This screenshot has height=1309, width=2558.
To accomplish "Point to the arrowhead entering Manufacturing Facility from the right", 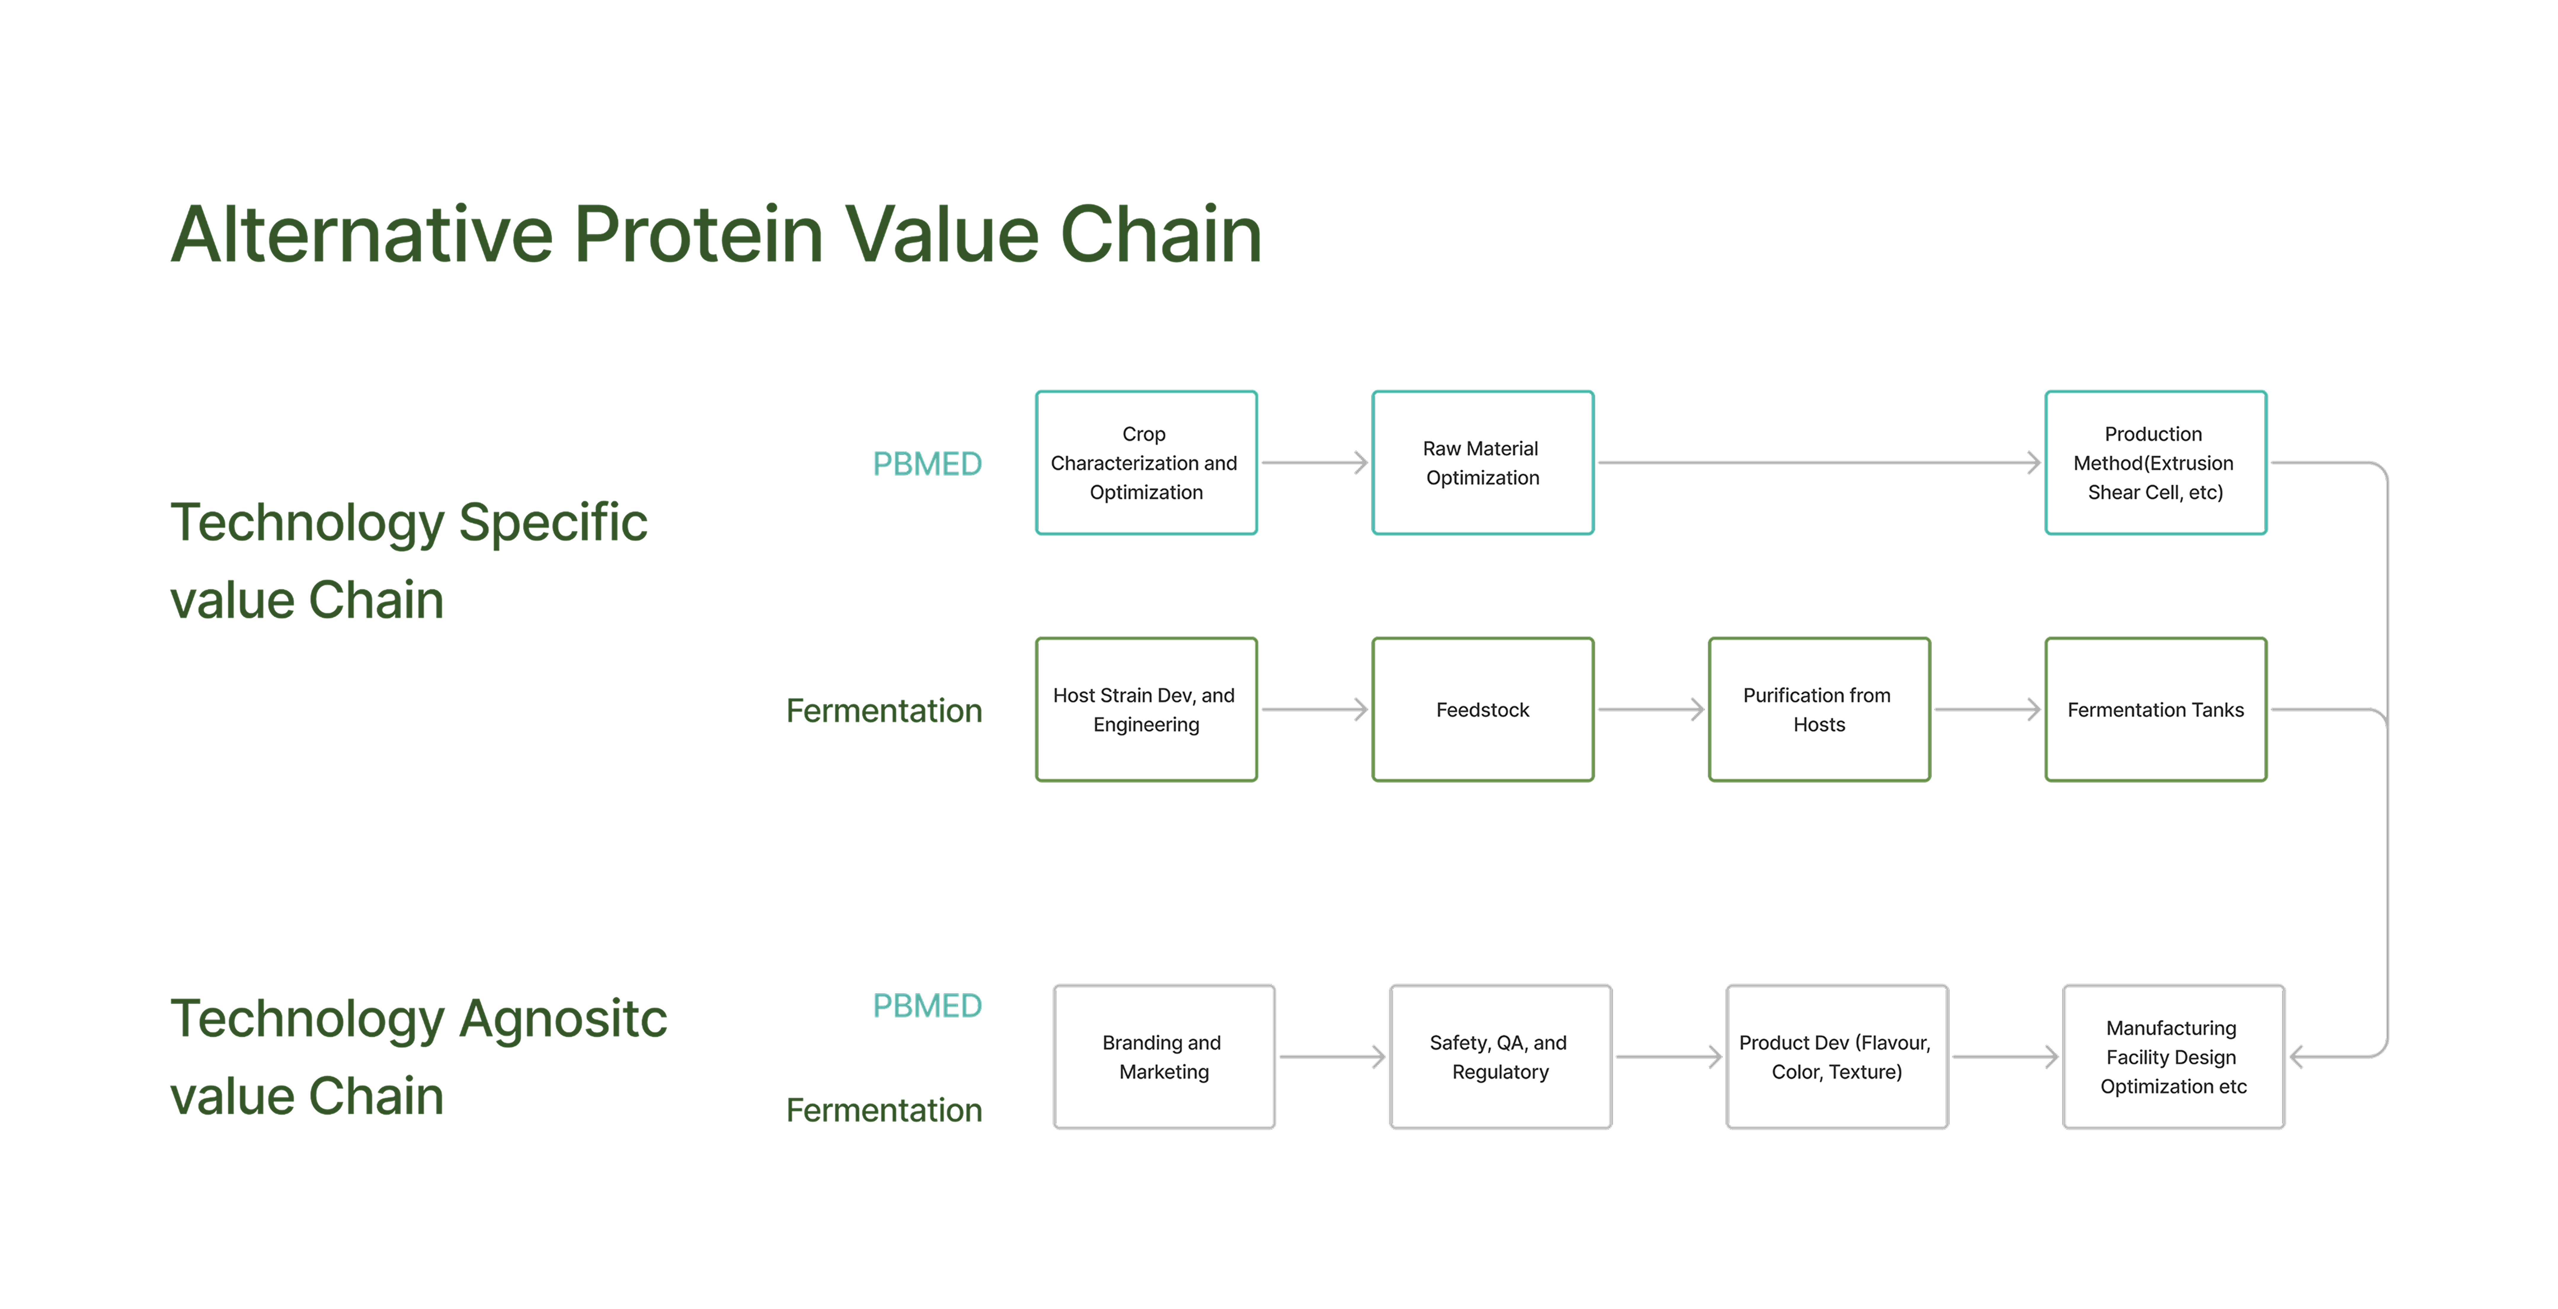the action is [x=2294, y=1057].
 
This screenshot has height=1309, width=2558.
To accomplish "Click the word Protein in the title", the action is [x=699, y=234].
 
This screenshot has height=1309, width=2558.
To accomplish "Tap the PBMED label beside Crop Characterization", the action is [x=926, y=464].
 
